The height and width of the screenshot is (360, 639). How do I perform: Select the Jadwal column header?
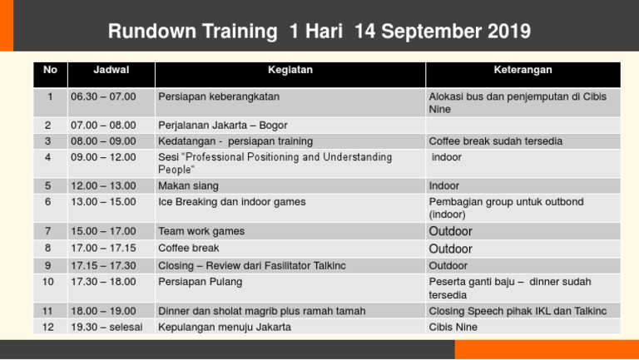tap(111, 71)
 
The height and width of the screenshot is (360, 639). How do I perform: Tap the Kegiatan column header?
tap(290, 71)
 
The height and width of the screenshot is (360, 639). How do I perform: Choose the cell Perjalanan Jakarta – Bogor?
tap(222, 125)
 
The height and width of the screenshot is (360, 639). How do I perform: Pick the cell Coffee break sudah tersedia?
tap(495, 141)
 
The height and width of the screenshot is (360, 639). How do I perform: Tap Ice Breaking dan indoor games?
tap(231, 202)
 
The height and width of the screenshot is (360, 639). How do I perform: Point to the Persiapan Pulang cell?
tap(200, 282)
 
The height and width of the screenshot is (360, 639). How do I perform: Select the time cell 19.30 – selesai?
tap(106, 328)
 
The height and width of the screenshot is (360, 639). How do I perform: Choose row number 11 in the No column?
tap(49, 311)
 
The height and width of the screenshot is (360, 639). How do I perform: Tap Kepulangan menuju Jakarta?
tap(225, 328)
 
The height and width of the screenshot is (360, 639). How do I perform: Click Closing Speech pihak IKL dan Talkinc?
tap(518, 311)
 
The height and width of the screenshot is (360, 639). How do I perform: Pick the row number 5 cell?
tap(49, 186)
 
